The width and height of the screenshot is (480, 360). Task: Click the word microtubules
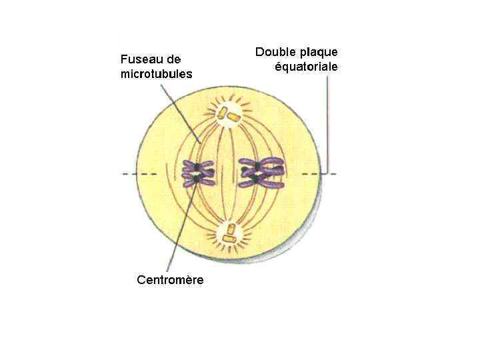pos(156,74)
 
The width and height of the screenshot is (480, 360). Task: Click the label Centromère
pos(170,280)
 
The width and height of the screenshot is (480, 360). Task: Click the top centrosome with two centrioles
pos(229,114)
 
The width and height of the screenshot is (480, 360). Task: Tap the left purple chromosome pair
pos(199,173)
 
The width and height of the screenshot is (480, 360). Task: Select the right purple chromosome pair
pos(262,172)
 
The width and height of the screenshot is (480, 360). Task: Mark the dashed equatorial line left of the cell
pos(139,175)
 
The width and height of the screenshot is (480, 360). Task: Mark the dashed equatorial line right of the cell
pos(329,175)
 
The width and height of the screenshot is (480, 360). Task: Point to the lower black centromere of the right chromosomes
pos(256,179)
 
